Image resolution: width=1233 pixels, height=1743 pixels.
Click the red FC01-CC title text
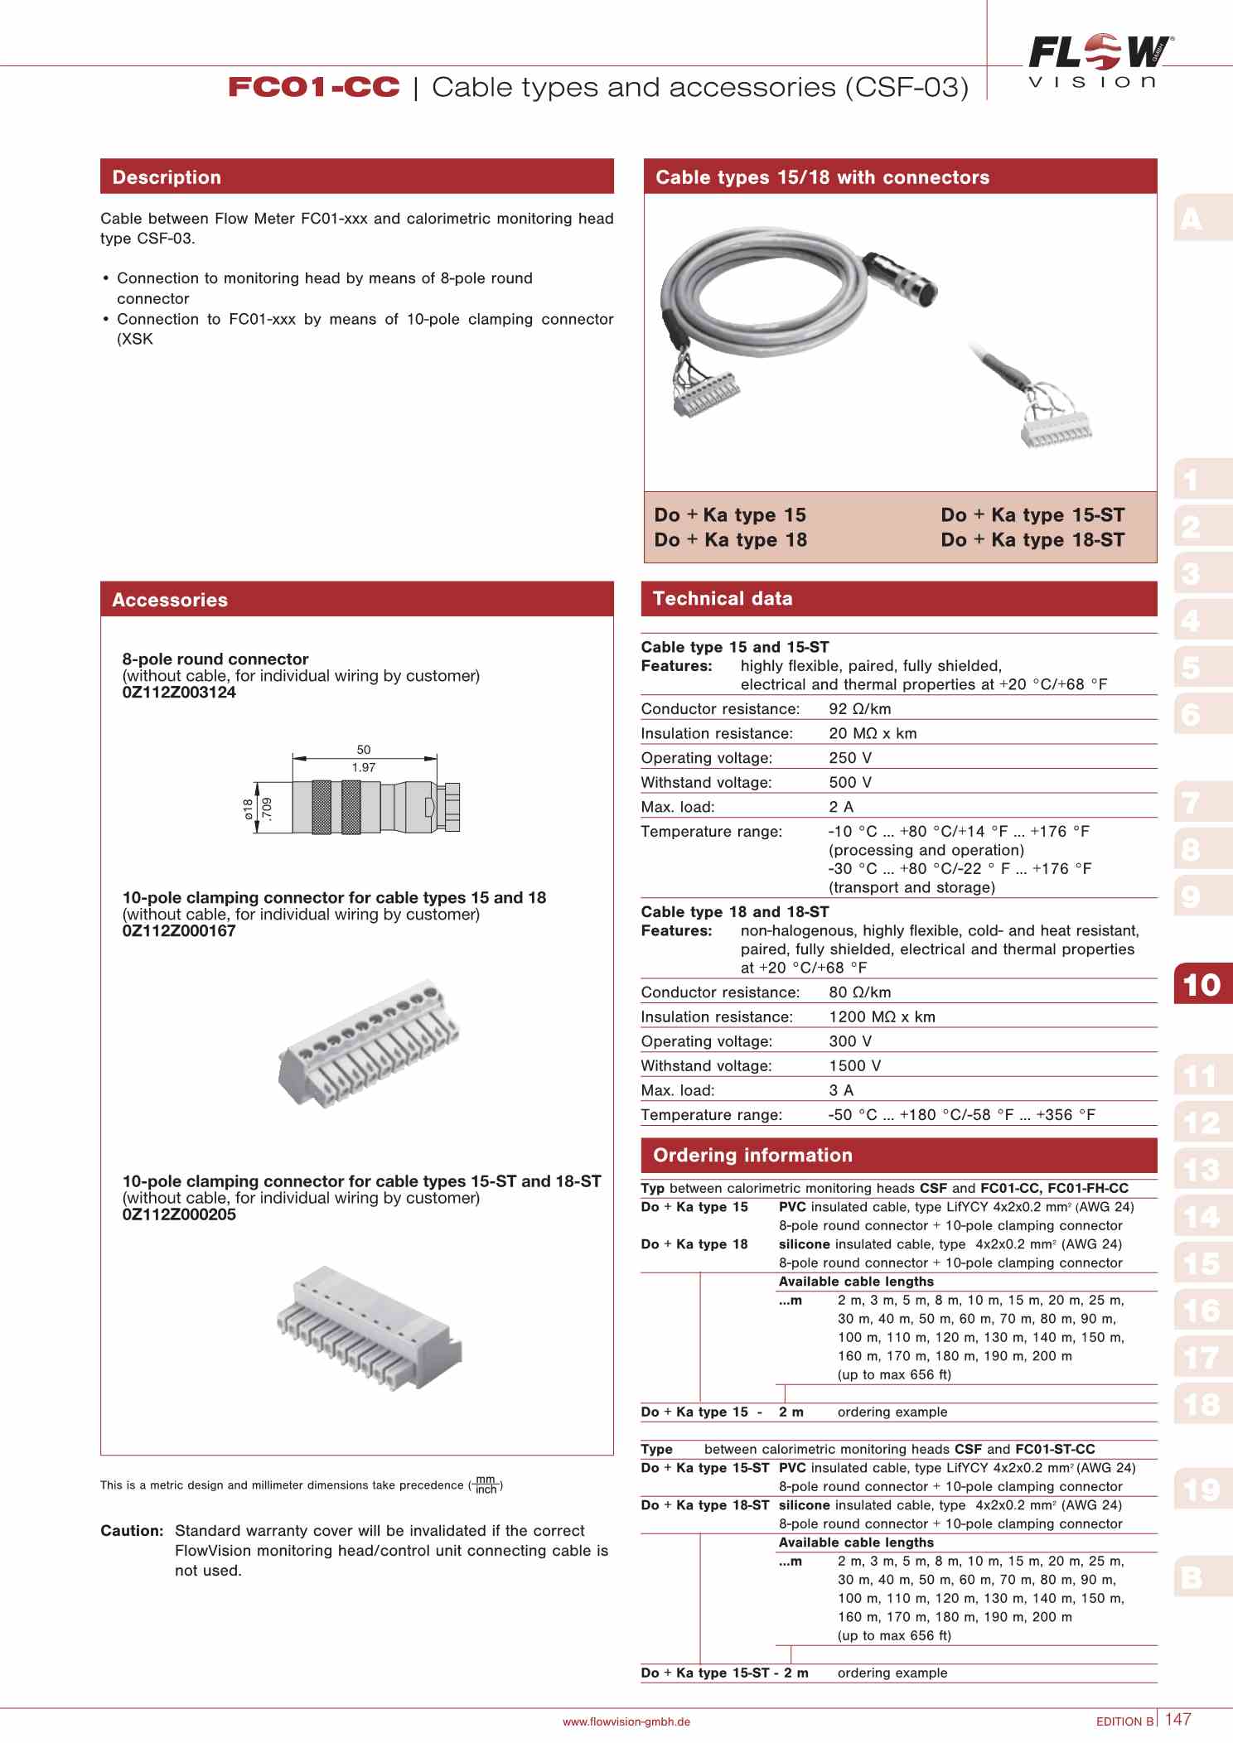(313, 87)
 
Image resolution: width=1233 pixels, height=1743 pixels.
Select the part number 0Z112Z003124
(179, 693)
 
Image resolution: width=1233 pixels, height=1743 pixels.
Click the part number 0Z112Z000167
(179, 931)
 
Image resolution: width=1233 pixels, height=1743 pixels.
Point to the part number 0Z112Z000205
(179, 1214)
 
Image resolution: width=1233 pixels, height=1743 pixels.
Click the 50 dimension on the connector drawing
(363, 750)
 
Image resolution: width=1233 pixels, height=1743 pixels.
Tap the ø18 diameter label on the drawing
(248, 809)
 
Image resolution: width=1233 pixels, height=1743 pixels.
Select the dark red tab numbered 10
(1202, 984)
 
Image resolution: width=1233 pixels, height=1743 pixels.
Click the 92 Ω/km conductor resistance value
(859, 709)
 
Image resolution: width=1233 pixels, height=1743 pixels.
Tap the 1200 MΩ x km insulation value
(882, 1017)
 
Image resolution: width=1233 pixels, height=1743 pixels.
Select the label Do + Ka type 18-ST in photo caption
(1032, 540)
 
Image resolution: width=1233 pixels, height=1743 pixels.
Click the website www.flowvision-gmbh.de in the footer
(626, 1721)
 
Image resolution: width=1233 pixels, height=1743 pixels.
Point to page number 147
(1177, 1719)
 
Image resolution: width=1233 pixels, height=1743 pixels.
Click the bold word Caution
(132, 1531)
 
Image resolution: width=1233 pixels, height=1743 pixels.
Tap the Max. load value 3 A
(841, 1091)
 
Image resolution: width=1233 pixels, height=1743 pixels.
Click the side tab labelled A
(1192, 220)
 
